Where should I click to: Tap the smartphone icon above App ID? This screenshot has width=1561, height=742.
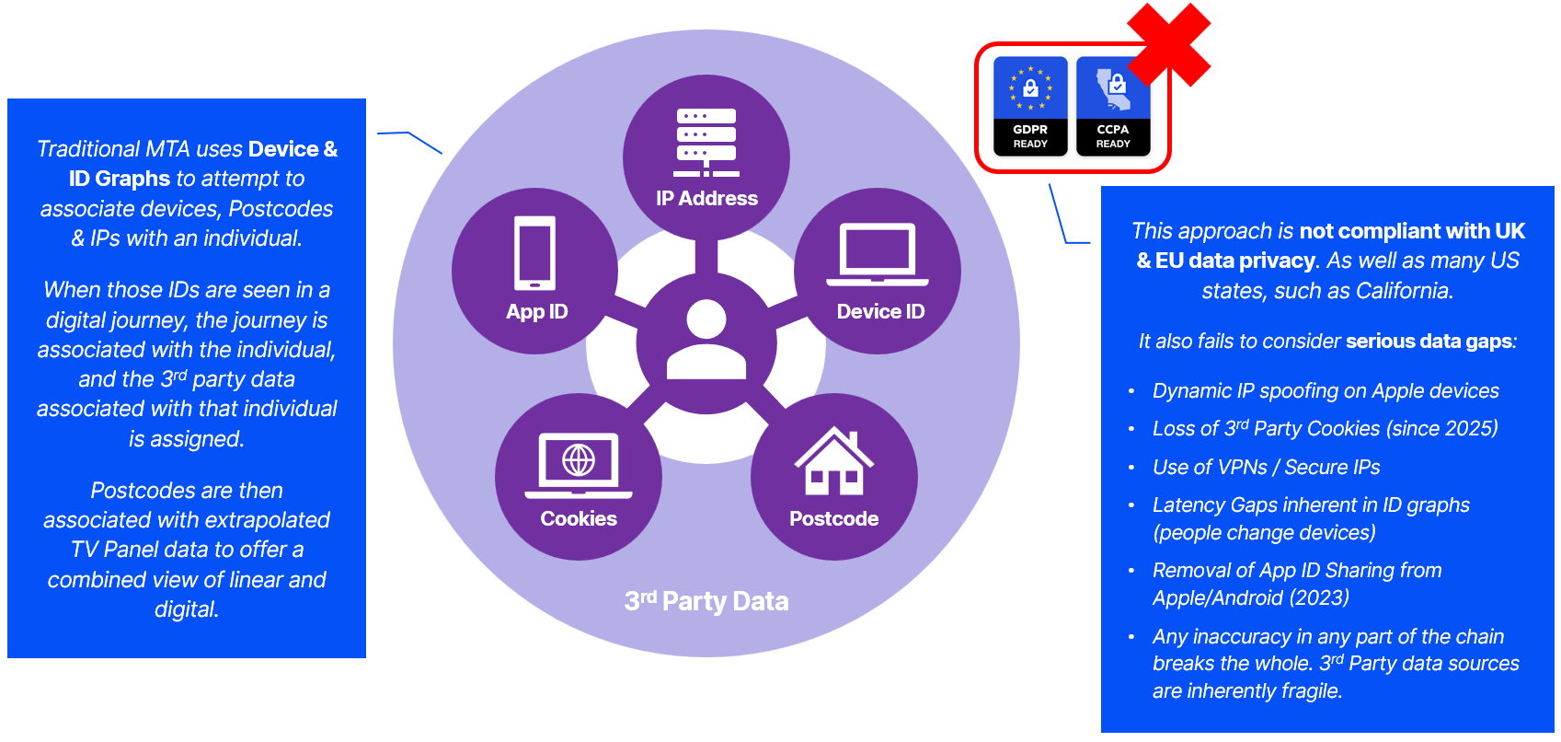pyautogui.click(x=535, y=253)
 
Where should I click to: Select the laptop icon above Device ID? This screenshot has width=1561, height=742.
pyautogui.click(x=878, y=254)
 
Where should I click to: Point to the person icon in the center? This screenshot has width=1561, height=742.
pyautogui.click(x=706, y=341)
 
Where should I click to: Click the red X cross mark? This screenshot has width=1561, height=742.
pyautogui.click(x=1168, y=44)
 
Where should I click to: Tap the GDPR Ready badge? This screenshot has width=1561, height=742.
pyautogui.click(x=1030, y=107)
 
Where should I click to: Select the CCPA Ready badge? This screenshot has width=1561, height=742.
pyautogui.click(x=1113, y=107)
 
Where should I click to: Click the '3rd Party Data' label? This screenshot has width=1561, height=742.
pyautogui.click(x=706, y=601)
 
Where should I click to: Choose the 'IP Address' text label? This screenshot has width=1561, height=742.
pyautogui.click(x=706, y=198)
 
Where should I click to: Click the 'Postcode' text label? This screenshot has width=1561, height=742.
pyautogui.click(x=833, y=518)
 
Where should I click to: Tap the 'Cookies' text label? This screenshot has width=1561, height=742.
pyautogui.click(x=579, y=518)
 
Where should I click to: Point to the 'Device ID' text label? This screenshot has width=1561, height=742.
pyautogui.click(x=880, y=311)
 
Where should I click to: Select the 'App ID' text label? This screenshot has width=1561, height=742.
pyautogui.click(x=536, y=311)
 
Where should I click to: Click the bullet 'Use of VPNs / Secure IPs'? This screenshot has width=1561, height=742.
pyautogui.click(x=1266, y=467)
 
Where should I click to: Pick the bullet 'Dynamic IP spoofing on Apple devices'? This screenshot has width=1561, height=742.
pyautogui.click(x=1326, y=390)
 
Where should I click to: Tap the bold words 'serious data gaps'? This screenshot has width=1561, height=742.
pyautogui.click(x=1429, y=341)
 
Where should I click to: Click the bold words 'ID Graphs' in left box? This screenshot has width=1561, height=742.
pyautogui.click(x=119, y=179)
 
